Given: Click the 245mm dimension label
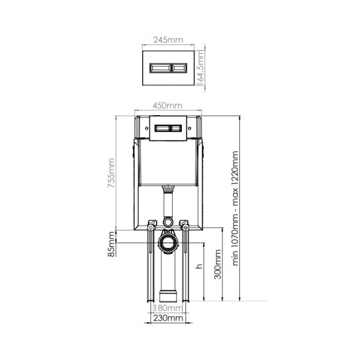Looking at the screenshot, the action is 168,40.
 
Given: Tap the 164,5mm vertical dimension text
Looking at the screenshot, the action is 200,68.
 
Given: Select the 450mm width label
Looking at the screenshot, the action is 167,106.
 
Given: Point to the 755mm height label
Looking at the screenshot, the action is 112,173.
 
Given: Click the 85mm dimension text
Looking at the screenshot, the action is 112,244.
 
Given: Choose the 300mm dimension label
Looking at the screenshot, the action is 217,264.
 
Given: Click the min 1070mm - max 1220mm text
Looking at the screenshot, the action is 235,208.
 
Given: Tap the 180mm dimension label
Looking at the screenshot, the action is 168,308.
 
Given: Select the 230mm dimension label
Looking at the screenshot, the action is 168,318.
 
